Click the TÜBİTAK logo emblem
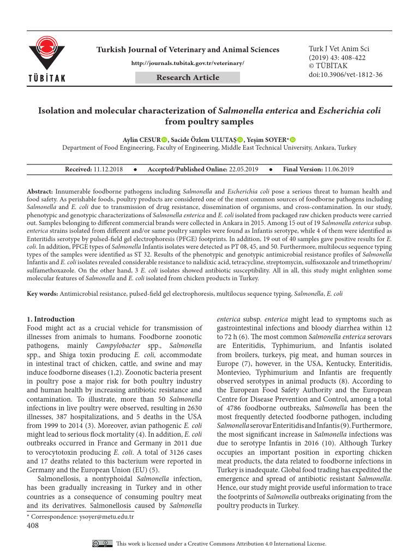point(47,52)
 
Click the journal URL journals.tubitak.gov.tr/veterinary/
point(188,63)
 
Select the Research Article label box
point(188,78)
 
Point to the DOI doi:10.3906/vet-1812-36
point(345,75)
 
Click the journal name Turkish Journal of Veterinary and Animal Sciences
point(188,50)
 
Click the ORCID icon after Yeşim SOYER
point(293,139)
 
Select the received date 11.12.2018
point(109,170)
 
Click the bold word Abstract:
point(40,192)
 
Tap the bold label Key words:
point(43,294)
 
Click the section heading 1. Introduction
point(51,319)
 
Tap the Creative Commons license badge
point(103,544)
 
